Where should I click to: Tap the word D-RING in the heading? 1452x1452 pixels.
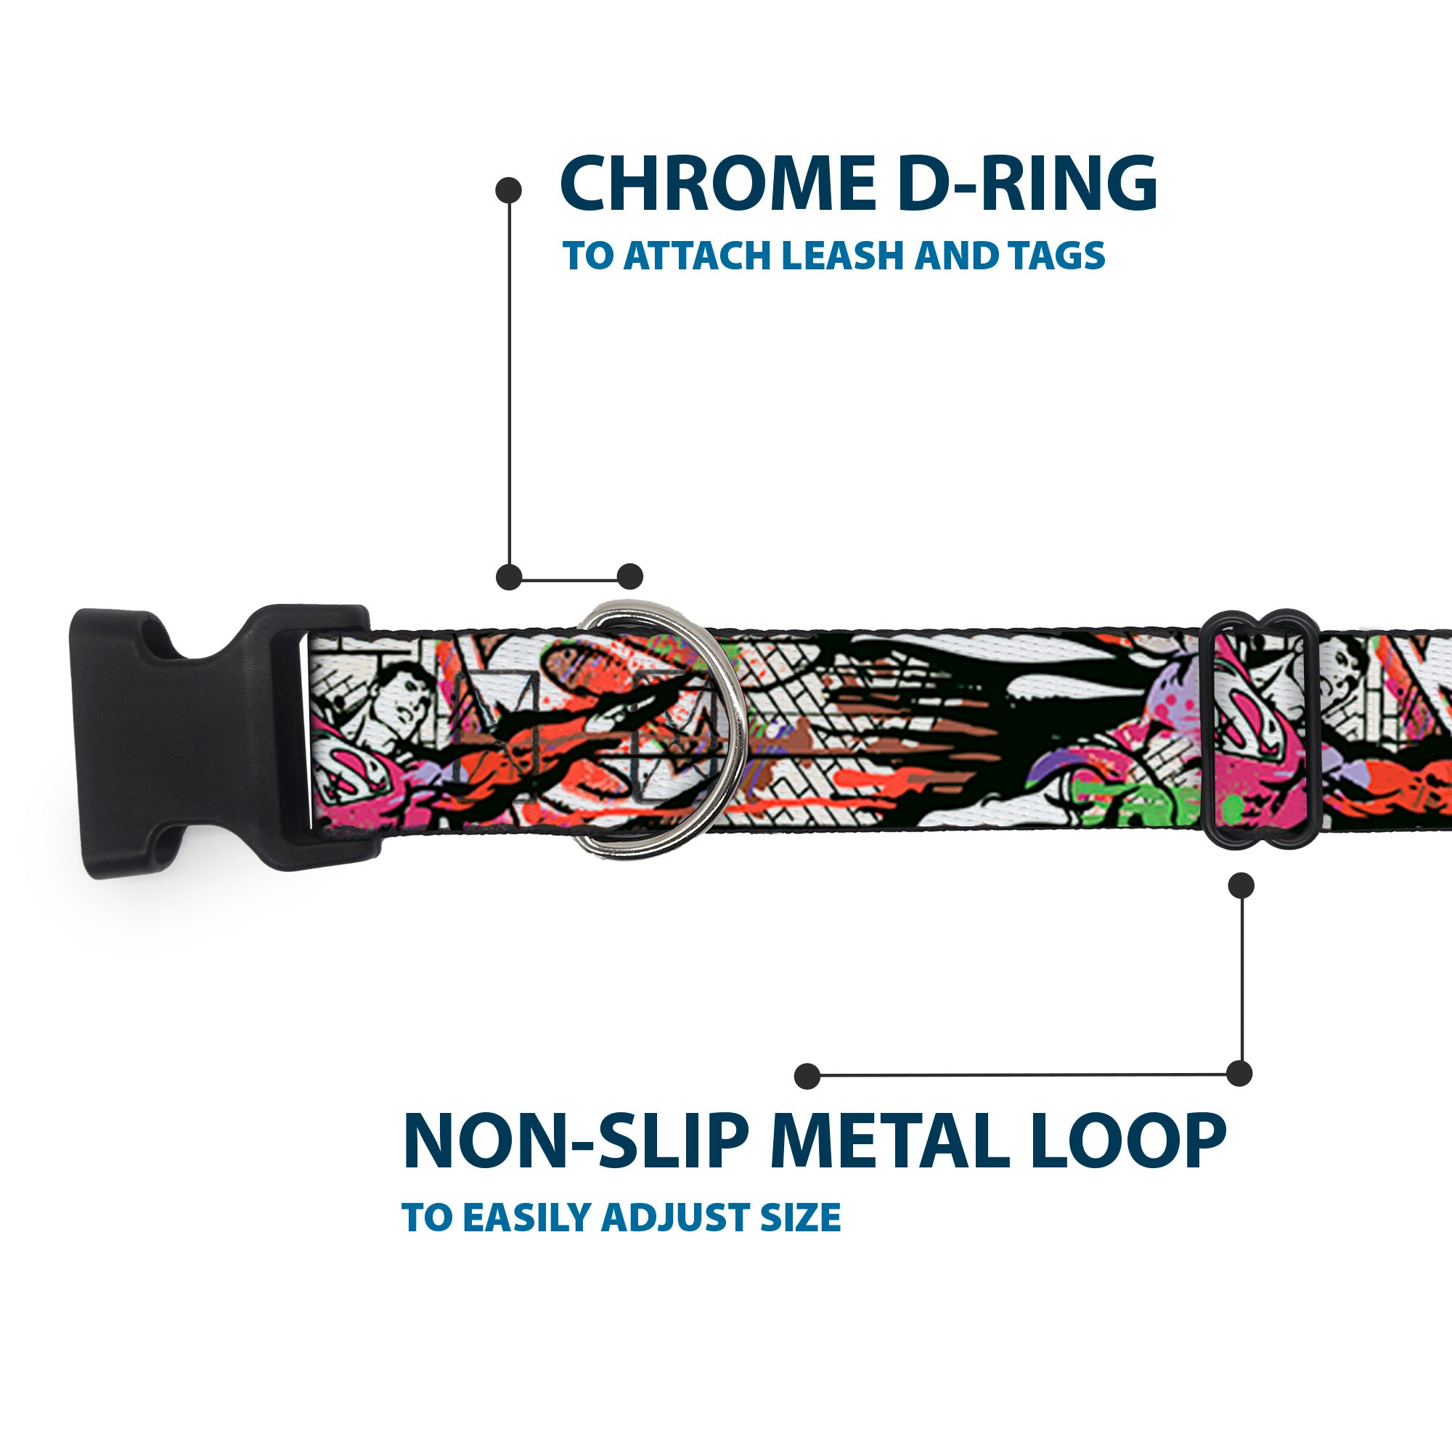click(1027, 184)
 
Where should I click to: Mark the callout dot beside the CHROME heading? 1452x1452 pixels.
click(509, 190)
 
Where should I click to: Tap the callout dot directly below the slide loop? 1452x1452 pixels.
click(1241, 885)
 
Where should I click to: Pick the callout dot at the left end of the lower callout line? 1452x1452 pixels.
click(807, 1076)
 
